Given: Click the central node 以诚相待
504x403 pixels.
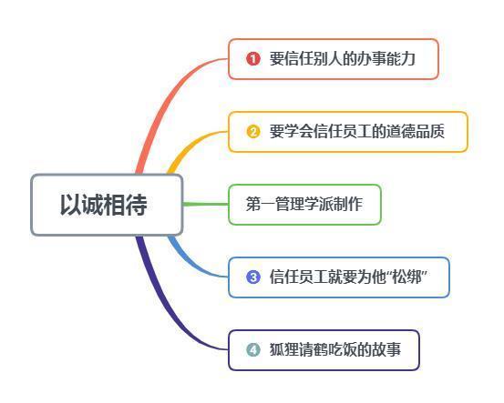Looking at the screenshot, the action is (107, 205).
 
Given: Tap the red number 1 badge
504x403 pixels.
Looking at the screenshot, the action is (253, 59).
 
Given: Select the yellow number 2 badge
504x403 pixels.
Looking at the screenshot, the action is (253, 132).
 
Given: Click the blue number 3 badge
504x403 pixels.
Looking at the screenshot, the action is (253, 277).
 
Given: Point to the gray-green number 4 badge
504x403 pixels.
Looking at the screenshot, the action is (253, 349).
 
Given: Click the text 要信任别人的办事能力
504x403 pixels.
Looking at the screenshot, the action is (343, 59).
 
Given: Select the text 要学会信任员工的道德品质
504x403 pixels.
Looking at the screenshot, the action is (357, 132).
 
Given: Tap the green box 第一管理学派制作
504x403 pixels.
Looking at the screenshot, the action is (304, 205).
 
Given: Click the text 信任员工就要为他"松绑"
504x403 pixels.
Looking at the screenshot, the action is (348, 277).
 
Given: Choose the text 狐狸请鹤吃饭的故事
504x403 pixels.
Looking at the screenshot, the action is (335, 349).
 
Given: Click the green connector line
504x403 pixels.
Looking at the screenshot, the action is (205, 204).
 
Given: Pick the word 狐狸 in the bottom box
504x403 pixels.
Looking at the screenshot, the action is (283, 349).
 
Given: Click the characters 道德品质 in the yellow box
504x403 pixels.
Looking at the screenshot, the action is (416, 132).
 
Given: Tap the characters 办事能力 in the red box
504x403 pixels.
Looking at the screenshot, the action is (386, 59).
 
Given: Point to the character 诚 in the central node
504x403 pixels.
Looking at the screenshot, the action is (93, 205).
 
